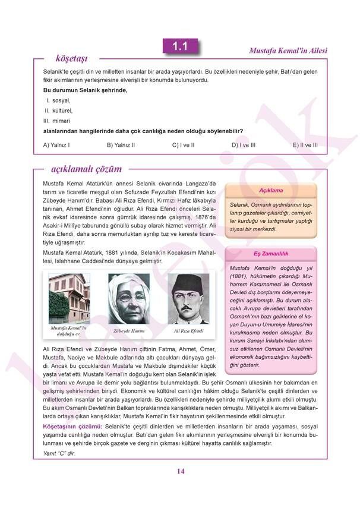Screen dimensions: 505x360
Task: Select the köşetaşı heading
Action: click(x=71, y=58)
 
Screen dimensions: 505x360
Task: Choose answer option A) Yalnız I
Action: click(x=57, y=145)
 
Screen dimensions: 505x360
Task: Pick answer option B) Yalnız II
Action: click(x=121, y=145)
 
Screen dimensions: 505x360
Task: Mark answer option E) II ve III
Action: click(x=305, y=145)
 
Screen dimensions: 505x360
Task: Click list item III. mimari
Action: click(x=57, y=121)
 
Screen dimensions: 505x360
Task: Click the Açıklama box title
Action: click(x=271, y=190)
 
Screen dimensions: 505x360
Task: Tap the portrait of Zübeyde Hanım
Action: click(x=129, y=299)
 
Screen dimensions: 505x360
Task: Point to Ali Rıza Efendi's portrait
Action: click(x=188, y=299)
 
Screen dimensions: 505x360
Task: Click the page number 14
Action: click(x=181, y=471)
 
